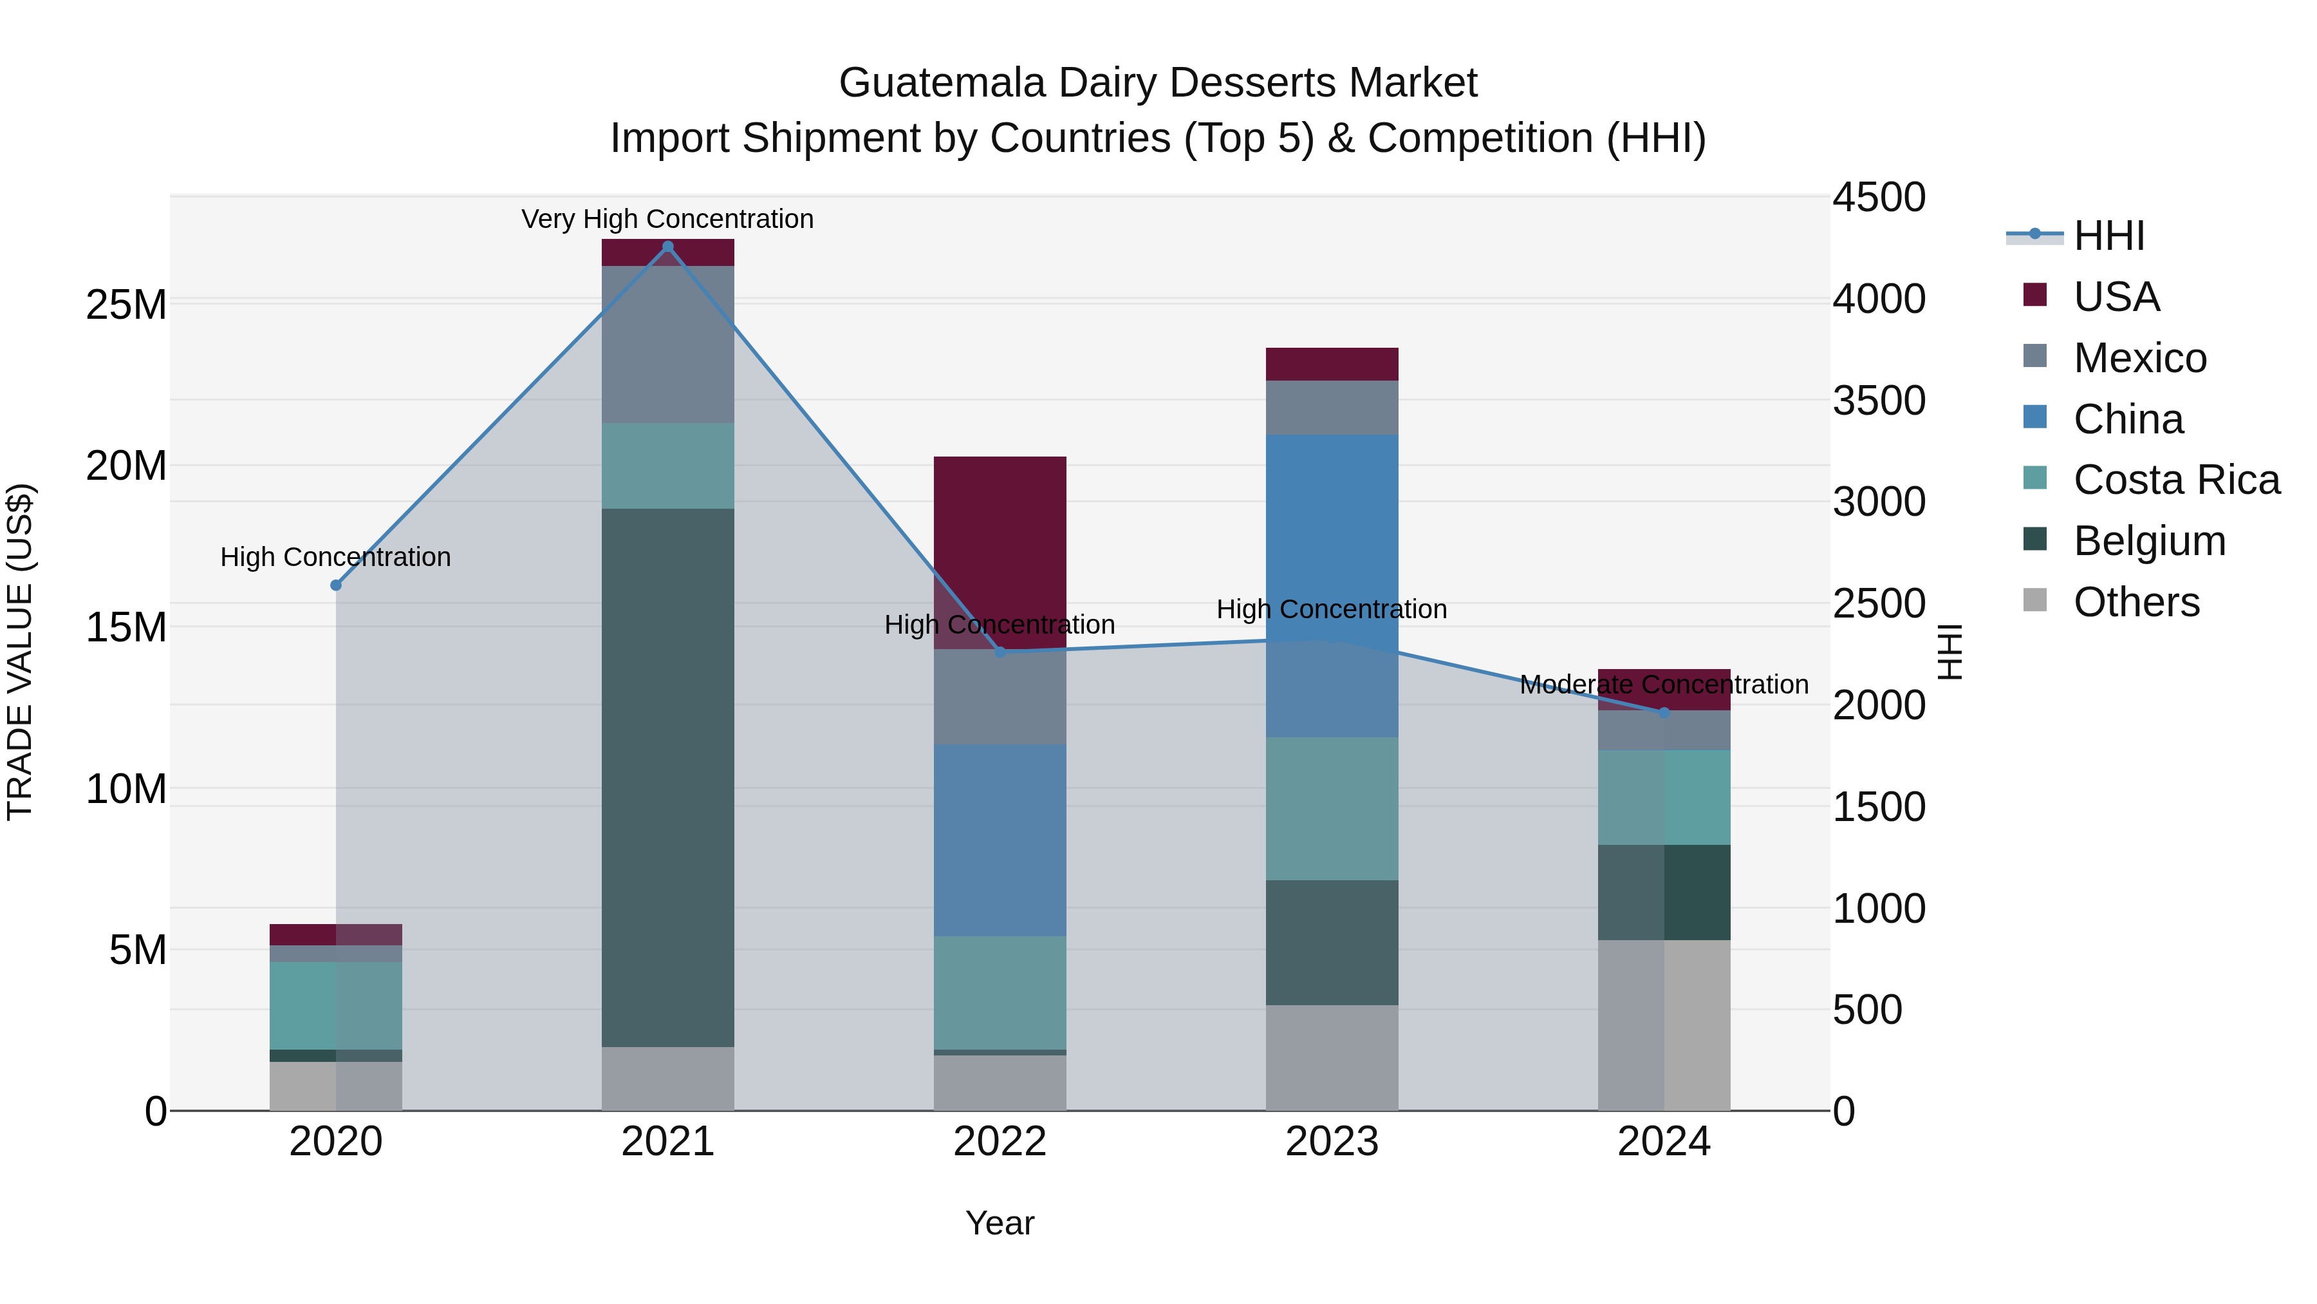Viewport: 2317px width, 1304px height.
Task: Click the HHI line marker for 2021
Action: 667,246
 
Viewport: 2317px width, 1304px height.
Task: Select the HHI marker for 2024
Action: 1663,712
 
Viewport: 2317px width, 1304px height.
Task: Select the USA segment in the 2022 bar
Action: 1000,549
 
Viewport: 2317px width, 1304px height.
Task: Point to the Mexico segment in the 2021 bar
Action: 667,344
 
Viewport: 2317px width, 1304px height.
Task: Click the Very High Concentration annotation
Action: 667,219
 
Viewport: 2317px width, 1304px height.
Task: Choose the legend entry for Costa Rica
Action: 2176,480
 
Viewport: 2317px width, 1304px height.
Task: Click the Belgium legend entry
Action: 2149,541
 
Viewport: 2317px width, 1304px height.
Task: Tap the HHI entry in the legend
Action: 2108,236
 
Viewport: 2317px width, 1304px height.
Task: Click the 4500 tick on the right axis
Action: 1879,197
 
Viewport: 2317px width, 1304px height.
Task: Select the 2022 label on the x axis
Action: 1000,1141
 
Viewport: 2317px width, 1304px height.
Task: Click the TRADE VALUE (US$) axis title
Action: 20,652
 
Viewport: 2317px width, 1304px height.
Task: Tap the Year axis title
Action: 1000,1223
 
